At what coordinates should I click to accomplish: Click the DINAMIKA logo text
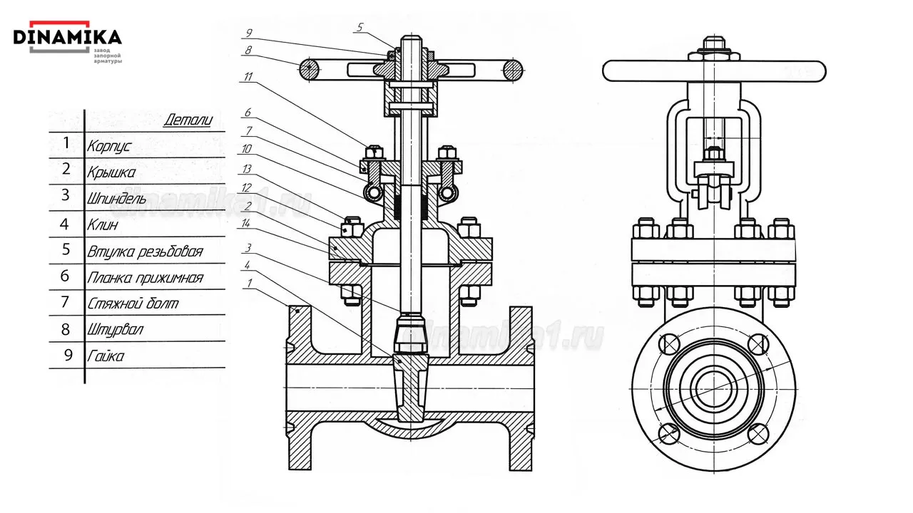[x=67, y=36]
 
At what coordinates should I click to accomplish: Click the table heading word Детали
[x=188, y=120]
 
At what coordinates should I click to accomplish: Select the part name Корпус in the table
[x=109, y=147]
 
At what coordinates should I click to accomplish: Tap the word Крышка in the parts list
[x=111, y=172]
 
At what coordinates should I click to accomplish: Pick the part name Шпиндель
[x=117, y=199]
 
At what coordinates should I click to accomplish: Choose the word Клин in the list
[x=103, y=225]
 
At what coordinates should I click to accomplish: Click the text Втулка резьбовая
[x=145, y=252]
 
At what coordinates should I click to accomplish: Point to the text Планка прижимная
[x=145, y=278]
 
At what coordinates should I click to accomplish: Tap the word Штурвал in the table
[x=115, y=330]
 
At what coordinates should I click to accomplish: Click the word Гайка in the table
[x=105, y=356]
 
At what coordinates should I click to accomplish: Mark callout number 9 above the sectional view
[x=248, y=33]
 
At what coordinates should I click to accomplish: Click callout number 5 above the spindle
[x=360, y=27]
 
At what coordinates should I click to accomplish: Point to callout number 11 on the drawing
[x=248, y=78]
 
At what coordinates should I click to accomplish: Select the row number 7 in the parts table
[x=66, y=302]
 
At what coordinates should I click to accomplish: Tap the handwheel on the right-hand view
[x=713, y=71]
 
